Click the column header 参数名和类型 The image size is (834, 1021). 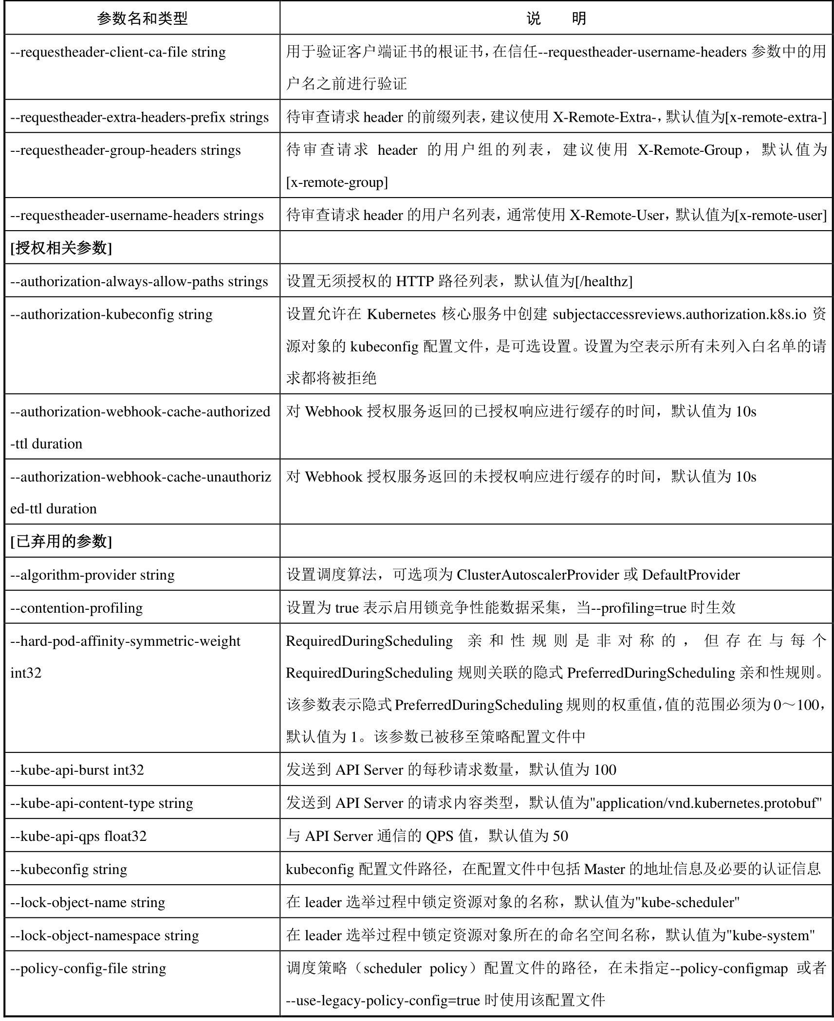(x=142, y=18)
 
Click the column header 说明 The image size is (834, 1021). (x=556, y=18)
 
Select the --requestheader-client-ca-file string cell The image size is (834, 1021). (x=118, y=52)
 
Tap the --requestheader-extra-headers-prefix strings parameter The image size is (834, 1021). (x=139, y=117)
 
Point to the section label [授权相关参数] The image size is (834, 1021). (x=61, y=248)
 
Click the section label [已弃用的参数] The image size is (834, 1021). (x=61, y=541)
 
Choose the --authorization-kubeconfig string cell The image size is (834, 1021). (x=111, y=314)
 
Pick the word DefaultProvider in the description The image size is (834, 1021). (x=691, y=575)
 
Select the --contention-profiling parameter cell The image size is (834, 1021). (x=76, y=608)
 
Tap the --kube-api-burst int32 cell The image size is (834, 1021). (x=77, y=770)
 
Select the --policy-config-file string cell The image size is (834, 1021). (x=88, y=968)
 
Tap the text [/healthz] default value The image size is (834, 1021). (x=603, y=281)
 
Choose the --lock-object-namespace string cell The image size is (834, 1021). (x=105, y=935)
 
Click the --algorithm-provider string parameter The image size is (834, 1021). (x=93, y=575)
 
